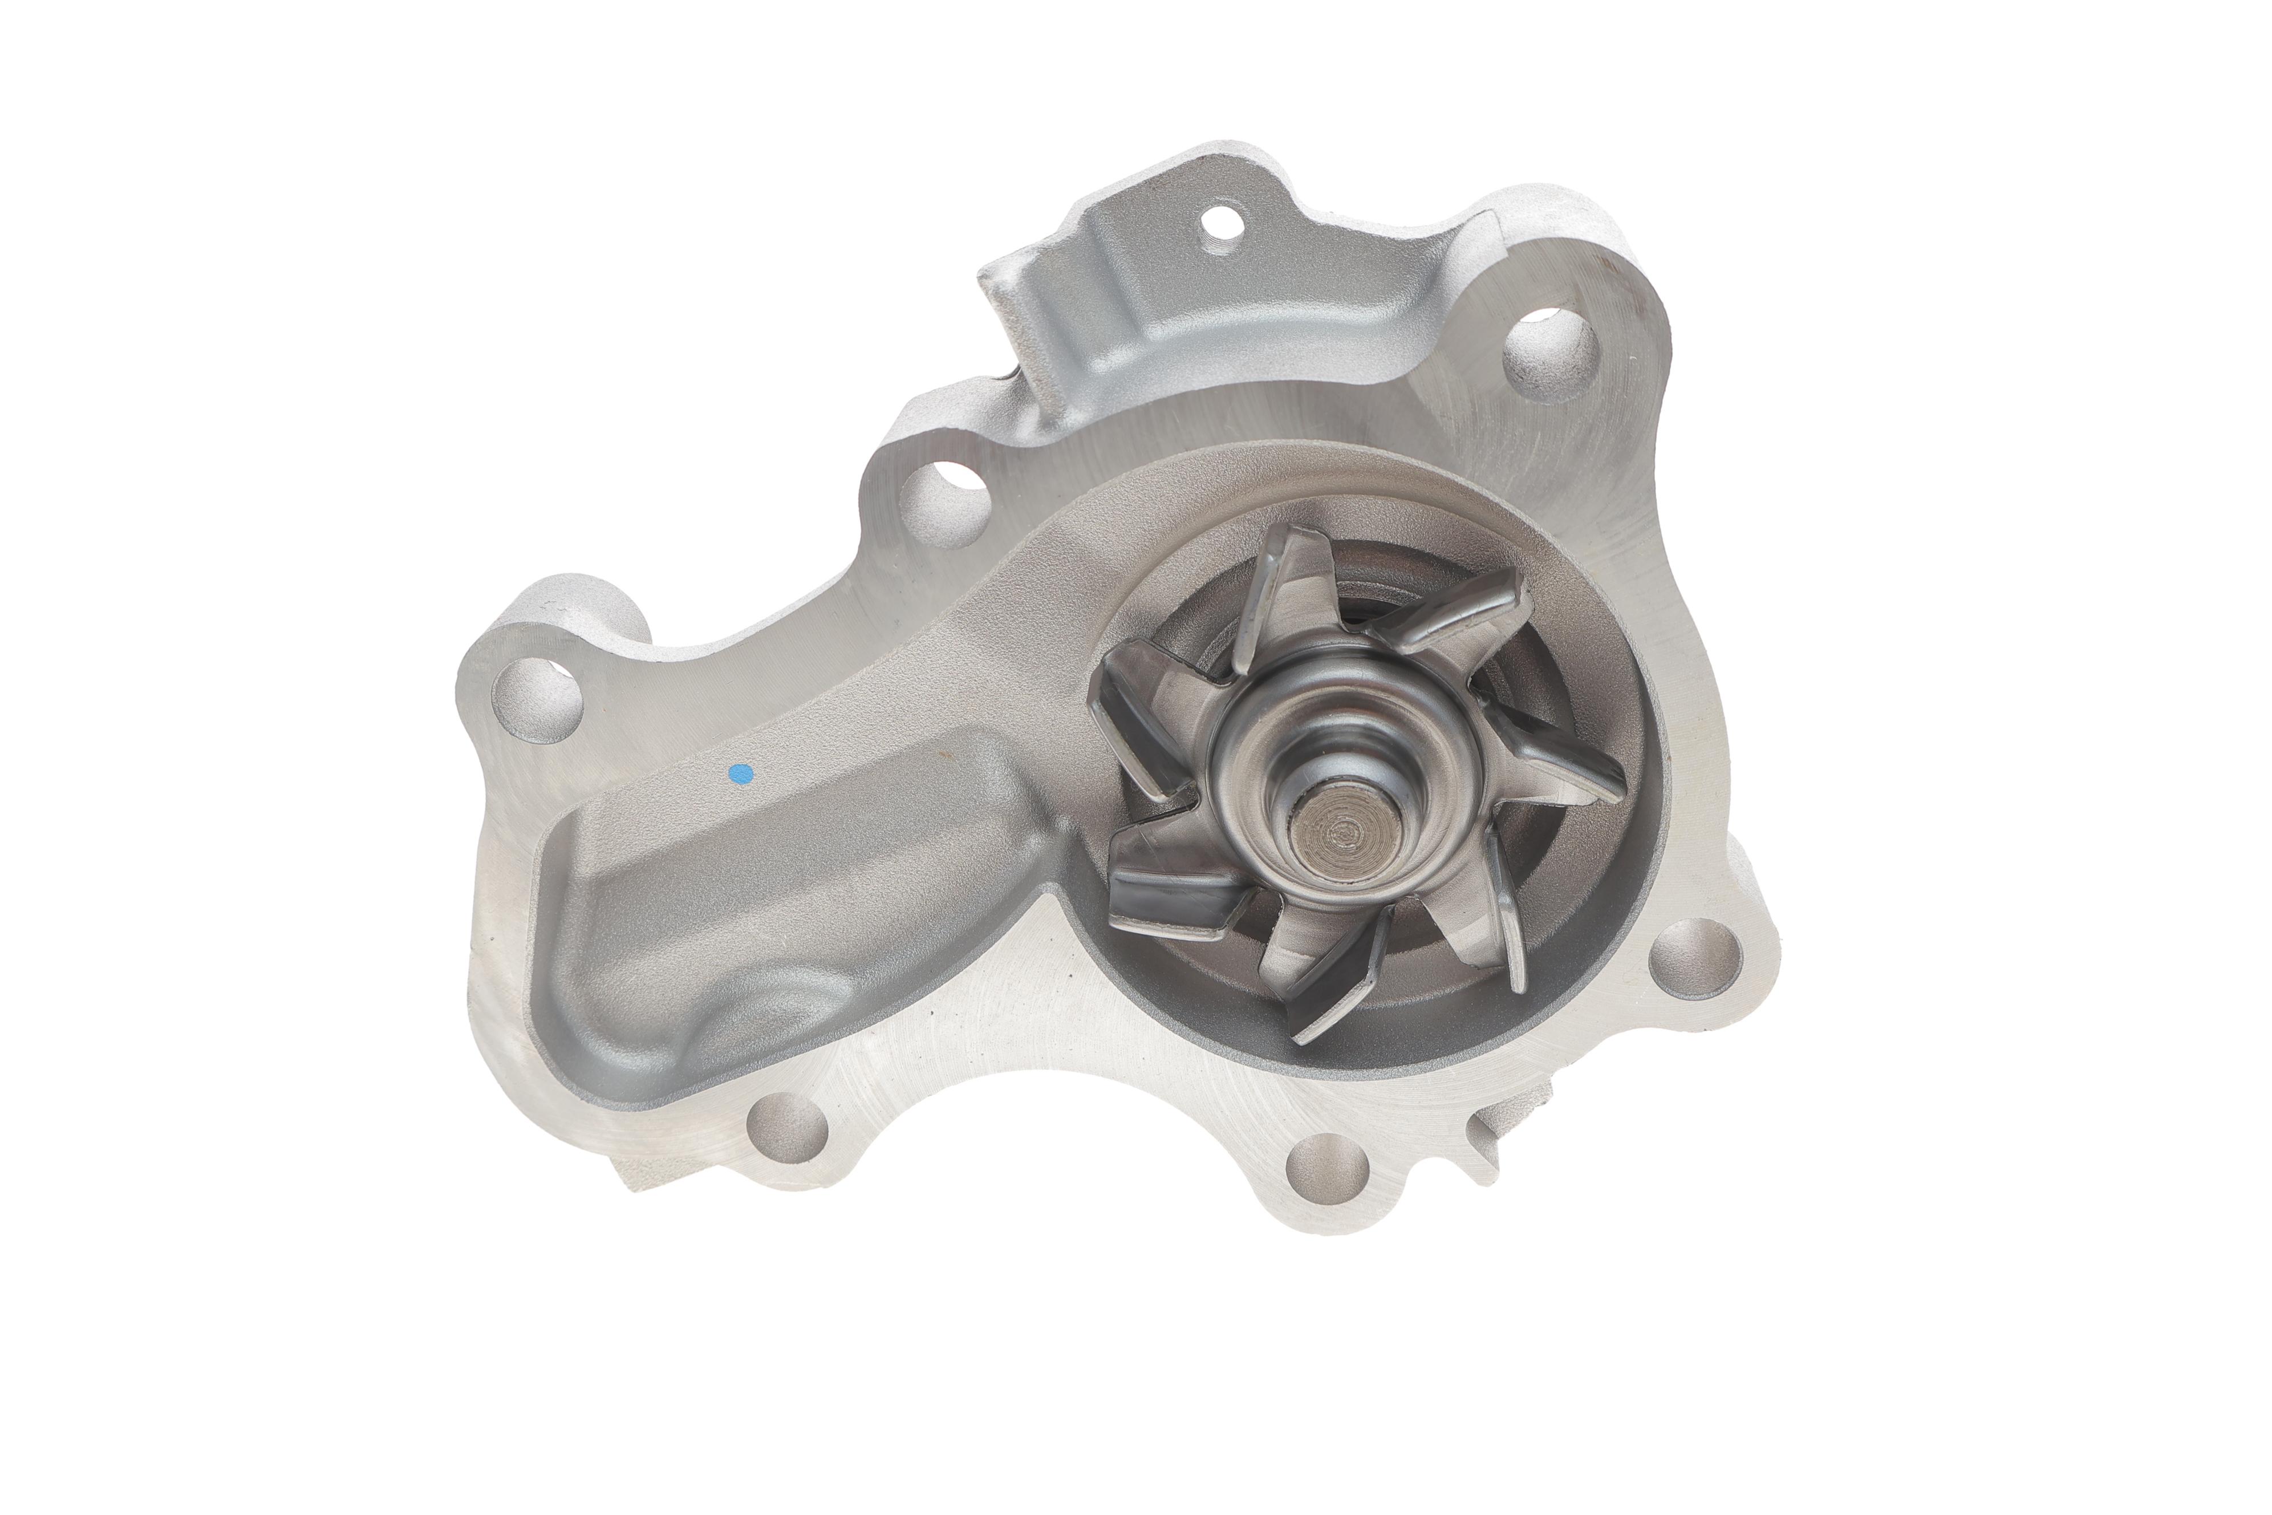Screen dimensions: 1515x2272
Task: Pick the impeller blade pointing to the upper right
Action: tap(1459, 604)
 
